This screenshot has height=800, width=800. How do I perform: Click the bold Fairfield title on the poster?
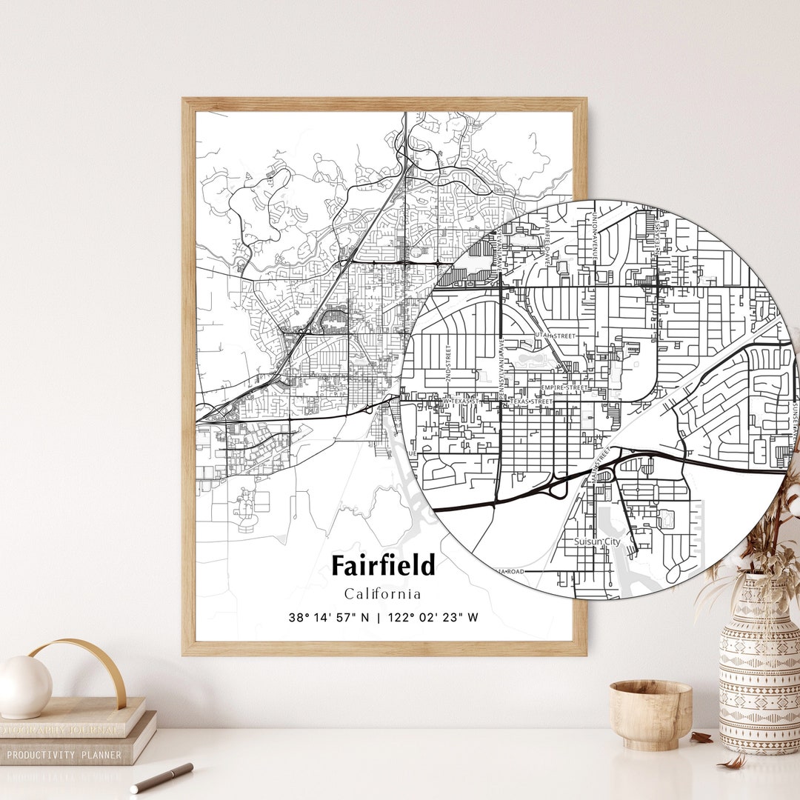(x=383, y=565)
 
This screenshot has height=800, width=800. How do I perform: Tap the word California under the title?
(x=382, y=593)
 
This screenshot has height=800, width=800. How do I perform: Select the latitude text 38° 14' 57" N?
(x=328, y=617)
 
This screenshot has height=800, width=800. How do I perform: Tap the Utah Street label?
(x=554, y=336)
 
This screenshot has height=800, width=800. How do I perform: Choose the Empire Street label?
(x=565, y=387)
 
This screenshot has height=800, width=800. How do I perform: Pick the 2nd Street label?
(x=449, y=363)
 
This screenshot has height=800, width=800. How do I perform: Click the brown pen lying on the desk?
(x=161, y=778)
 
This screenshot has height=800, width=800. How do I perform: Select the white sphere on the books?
(x=25, y=687)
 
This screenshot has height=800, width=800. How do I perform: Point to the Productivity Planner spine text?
(x=64, y=755)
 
